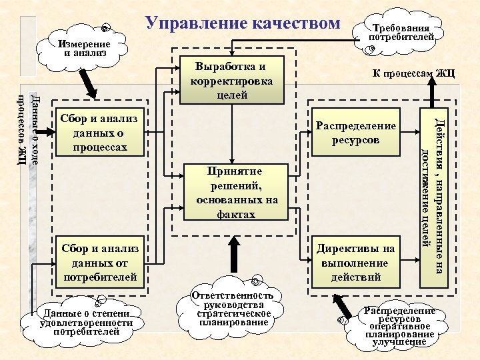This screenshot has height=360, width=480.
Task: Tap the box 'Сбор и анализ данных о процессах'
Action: click(99, 132)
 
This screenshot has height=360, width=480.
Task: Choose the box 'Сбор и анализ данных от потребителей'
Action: click(99, 262)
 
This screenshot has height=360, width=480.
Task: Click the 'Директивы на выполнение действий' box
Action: click(356, 262)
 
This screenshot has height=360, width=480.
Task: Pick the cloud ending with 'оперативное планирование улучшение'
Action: click(400, 326)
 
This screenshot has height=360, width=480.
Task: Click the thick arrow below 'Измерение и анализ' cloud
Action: click(89, 85)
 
